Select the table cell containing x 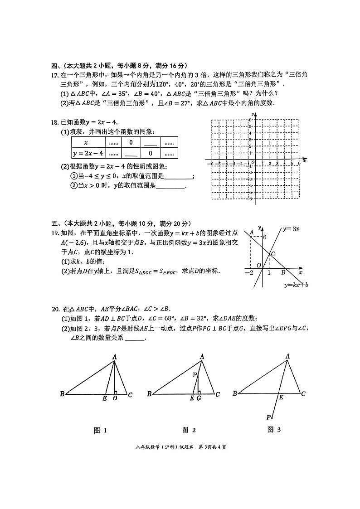coord(86,142)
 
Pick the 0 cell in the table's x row coord(131,142)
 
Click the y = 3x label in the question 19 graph coord(290,229)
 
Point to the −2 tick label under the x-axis coord(249,272)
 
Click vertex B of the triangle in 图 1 coord(62,394)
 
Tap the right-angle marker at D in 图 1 coord(116,392)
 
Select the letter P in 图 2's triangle coord(194,375)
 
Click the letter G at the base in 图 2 coord(199,398)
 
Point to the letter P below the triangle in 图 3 coord(268,417)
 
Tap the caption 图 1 coord(100,430)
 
